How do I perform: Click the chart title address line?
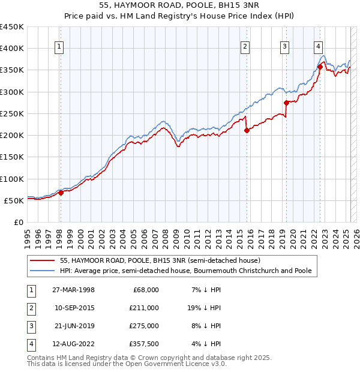[180, 6]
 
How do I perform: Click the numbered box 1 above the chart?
[60, 47]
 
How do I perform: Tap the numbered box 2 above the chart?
[246, 47]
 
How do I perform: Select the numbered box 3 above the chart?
[285, 47]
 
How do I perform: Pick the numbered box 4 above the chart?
[318, 47]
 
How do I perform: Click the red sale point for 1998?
[61, 193]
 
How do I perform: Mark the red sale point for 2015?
[247, 131]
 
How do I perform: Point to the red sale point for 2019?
[286, 103]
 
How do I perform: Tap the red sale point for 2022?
[320, 67]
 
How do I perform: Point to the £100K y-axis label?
[12, 179]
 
